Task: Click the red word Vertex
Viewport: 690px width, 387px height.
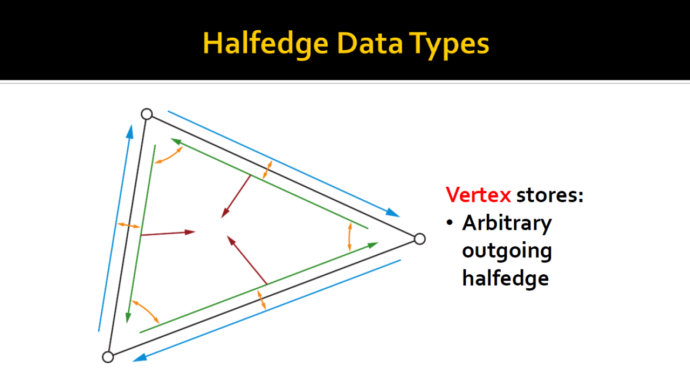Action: (478, 195)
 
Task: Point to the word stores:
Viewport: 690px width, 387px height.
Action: (550, 195)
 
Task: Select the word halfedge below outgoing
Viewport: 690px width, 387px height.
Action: (506, 277)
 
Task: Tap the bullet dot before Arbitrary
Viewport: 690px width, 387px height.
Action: (450, 222)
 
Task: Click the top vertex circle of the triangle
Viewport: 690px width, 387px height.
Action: (147, 114)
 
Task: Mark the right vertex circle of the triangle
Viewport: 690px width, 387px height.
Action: (419, 239)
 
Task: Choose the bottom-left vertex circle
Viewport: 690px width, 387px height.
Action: (108, 357)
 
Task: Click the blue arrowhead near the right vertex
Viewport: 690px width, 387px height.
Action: (392, 213)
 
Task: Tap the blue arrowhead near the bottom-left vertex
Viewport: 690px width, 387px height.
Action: (140, 358)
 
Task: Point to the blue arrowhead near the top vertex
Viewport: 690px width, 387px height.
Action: (130, 132)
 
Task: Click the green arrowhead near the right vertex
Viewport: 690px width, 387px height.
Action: (372, 246)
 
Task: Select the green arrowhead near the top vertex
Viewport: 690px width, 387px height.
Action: (176, 141)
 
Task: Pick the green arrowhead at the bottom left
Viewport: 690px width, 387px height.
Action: (128, 317)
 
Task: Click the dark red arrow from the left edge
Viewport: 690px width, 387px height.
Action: (168, 233)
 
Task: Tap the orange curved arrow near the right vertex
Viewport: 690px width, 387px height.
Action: (349, 237)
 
